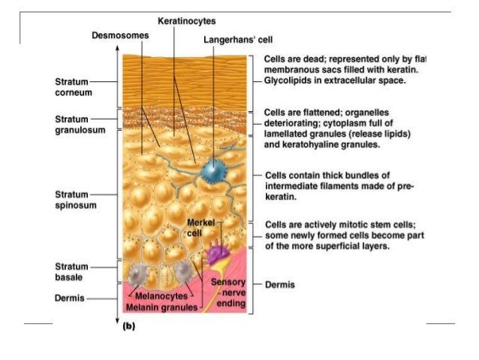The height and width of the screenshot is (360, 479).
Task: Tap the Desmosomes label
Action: coord(120,35)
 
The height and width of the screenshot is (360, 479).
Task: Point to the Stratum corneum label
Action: coord(73,86)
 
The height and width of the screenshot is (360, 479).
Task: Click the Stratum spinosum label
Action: coord(73,199)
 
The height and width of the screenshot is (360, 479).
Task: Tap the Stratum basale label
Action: coord(72,271)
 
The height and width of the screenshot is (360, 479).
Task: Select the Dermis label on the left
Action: coord(70,298)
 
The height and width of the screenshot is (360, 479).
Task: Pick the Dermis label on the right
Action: coord(280,285)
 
